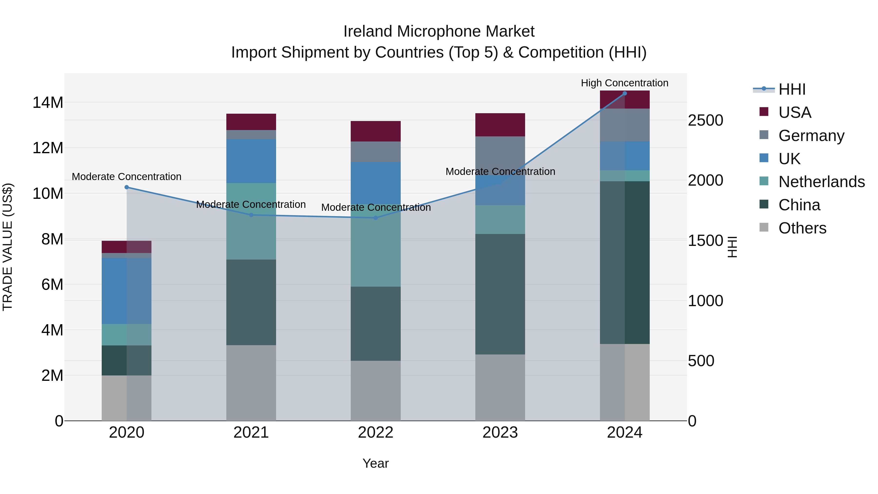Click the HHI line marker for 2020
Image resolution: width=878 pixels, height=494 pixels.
tap(126, 187)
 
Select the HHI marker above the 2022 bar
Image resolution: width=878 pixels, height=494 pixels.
tap(376, 218)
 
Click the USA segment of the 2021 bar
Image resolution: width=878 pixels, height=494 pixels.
tap(251, 122)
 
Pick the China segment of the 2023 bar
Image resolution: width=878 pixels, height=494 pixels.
tap(500, 294)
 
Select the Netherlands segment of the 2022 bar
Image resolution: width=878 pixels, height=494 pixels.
tap(376, 245)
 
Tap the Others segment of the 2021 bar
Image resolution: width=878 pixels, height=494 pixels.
tap(251, 383)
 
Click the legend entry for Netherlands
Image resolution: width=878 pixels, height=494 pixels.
tap(821, 182)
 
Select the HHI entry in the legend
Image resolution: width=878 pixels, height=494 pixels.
tap(791, 89)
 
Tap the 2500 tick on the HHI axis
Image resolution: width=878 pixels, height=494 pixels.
tap(705, 120)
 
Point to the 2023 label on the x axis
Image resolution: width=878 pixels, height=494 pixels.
tap(500, 433)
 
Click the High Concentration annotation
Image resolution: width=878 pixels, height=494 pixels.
tap(624, 83)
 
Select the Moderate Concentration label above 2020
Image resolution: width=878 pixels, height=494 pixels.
tap(126, 177)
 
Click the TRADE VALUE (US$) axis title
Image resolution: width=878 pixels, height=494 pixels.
tap(8, 246)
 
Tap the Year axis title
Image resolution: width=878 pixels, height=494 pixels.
tap(376, 463)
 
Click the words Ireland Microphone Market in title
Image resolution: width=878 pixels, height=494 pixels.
tap(439, 31)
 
